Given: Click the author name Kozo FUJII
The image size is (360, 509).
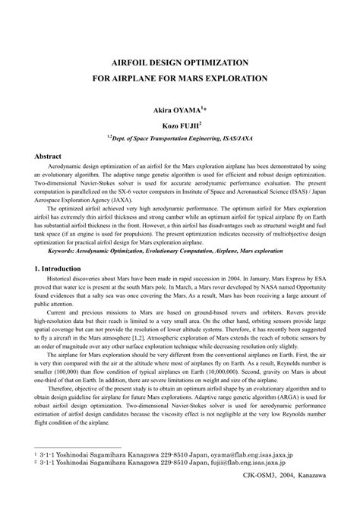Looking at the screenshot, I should pyautogui.click(x=178, y=123).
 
